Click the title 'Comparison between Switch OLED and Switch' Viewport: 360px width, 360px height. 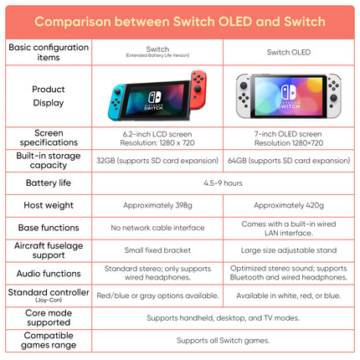(180, 19)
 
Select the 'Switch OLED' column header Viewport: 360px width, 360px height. (288, 52)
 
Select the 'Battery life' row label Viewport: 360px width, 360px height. (48, 183)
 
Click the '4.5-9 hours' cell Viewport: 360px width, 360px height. (223, 183)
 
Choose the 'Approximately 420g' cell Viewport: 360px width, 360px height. (288, 205)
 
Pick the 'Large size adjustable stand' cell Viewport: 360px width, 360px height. (288, 250)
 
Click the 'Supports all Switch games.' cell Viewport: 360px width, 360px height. (223, 341)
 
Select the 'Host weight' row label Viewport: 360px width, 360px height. (48, 205)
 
